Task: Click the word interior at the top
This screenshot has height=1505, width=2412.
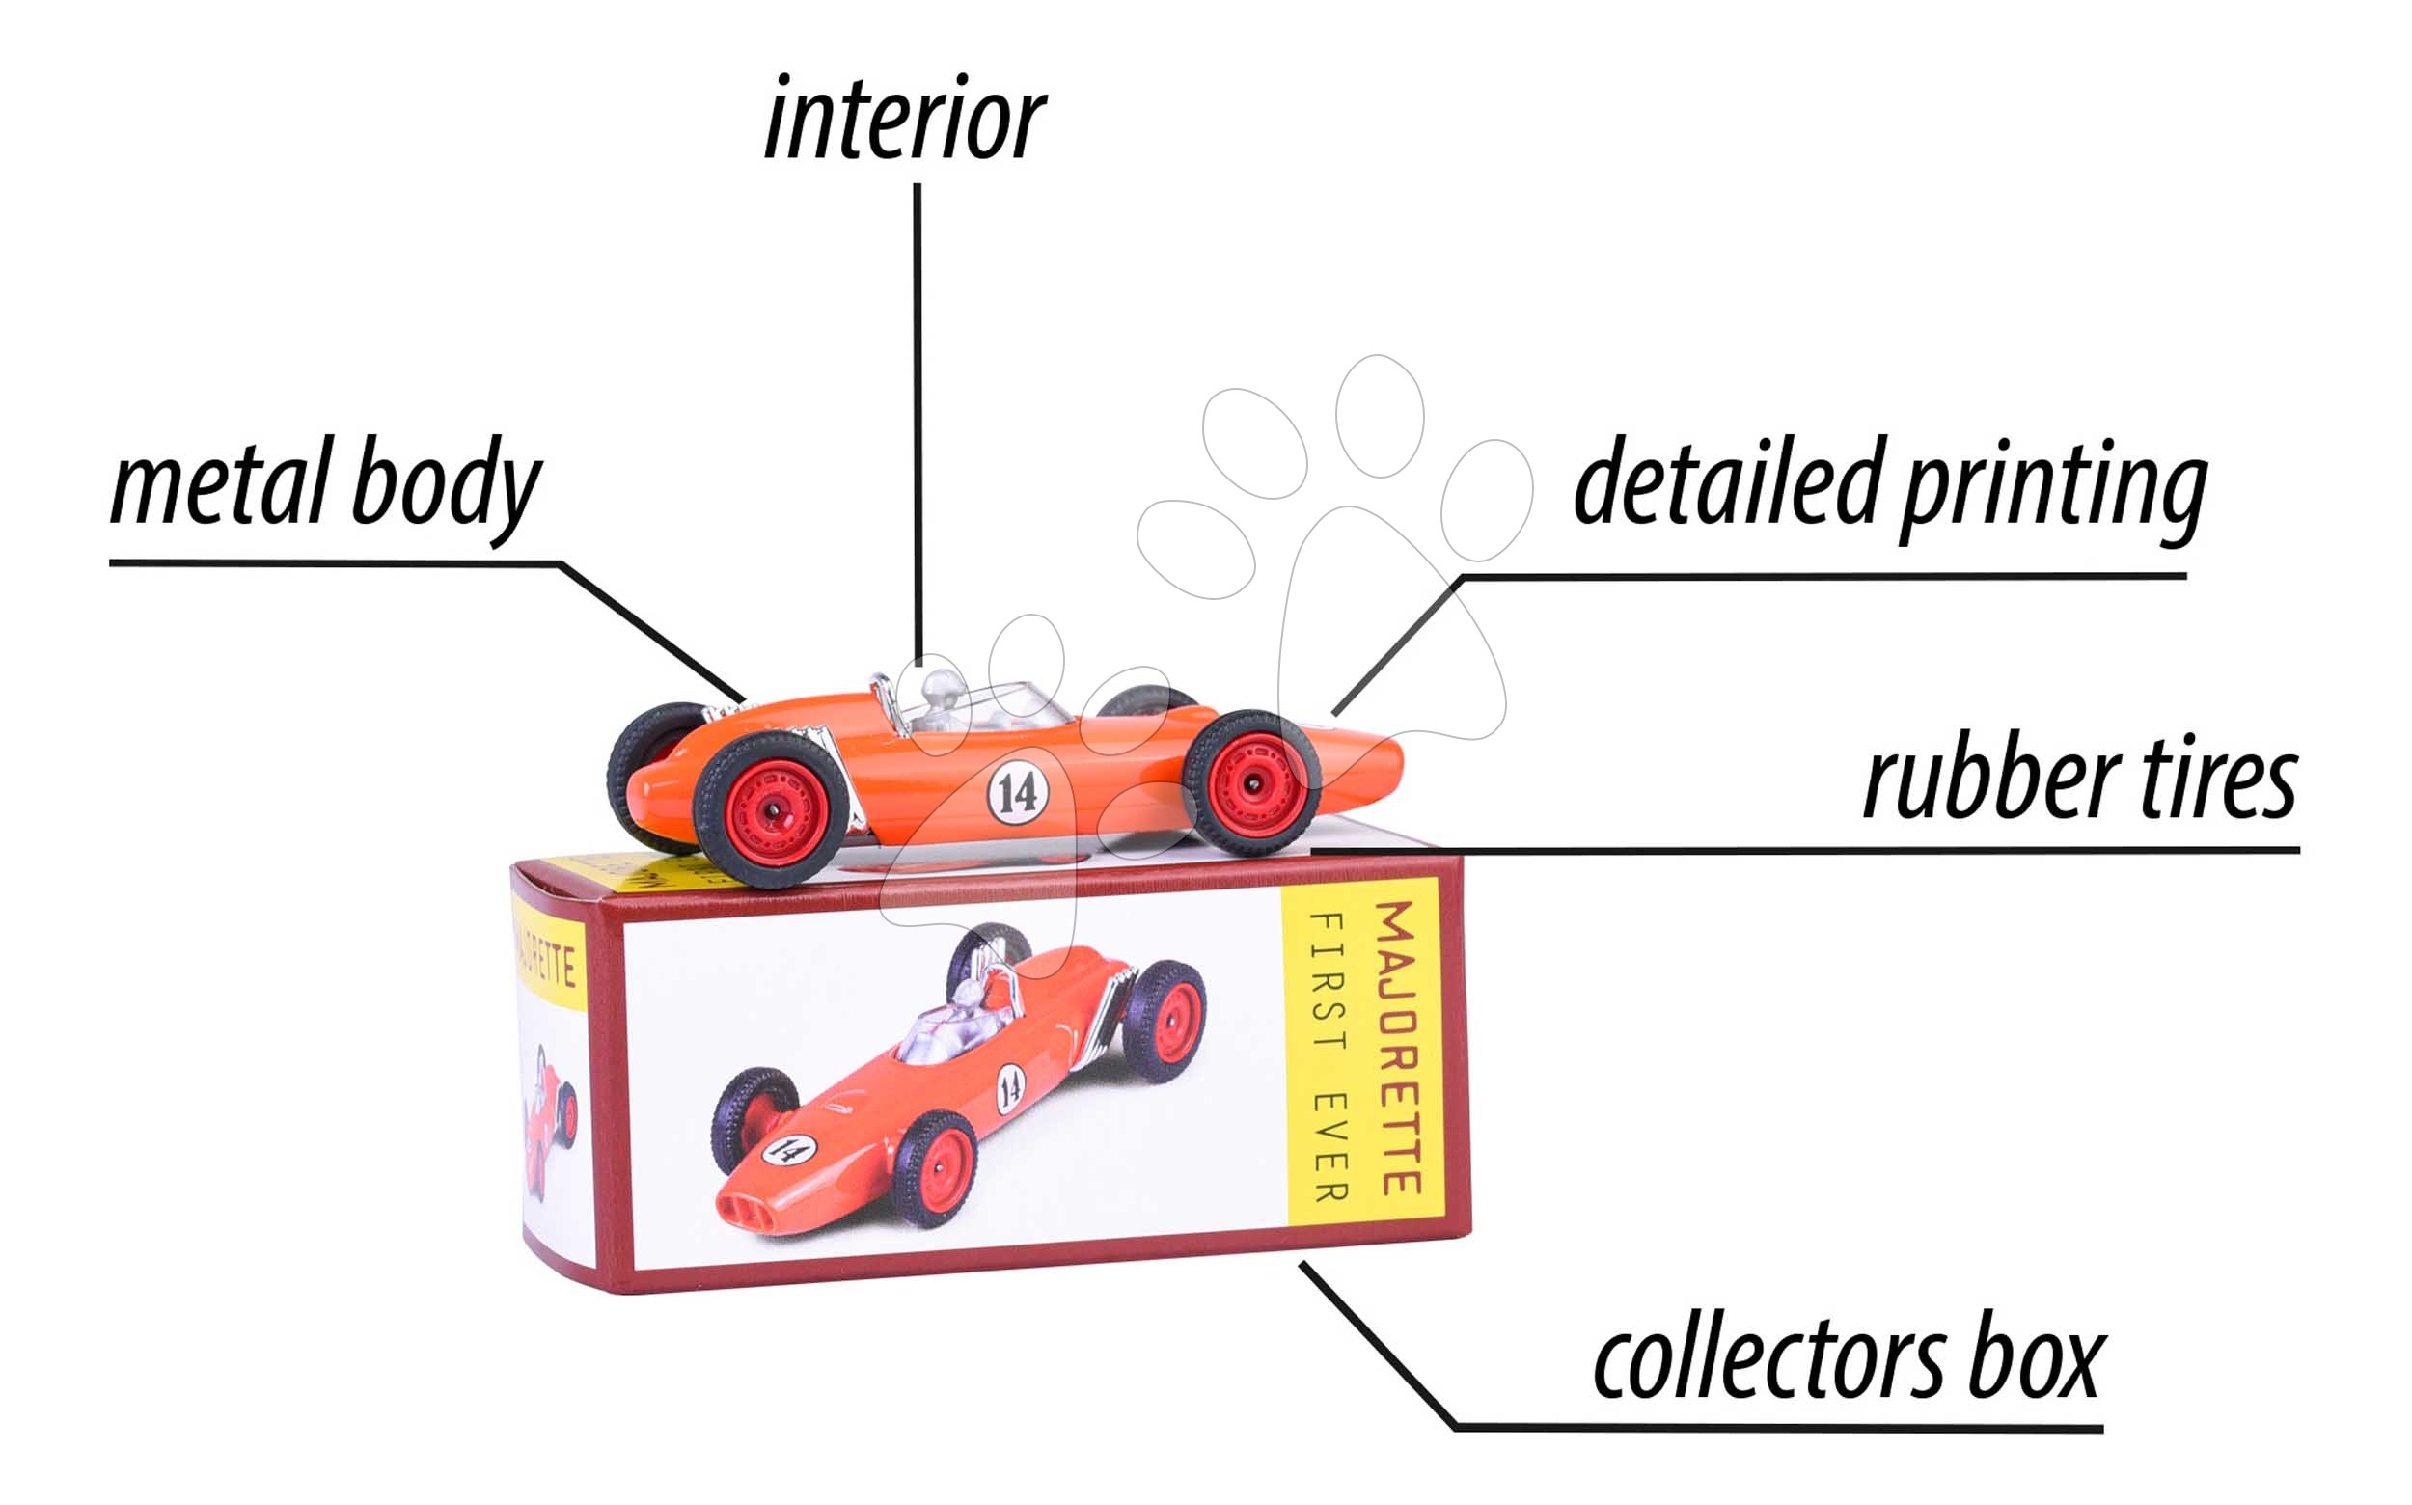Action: point(904,121)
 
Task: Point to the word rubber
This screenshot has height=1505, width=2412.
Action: point(1991,782)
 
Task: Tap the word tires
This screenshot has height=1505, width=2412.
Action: point(2219,782)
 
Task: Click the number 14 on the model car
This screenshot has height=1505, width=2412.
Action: point(1017,793)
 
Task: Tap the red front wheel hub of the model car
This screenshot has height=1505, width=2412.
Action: point(1253,784)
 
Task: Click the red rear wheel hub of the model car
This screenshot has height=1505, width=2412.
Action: point(772,808)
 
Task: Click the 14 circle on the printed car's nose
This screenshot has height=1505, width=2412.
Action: point(788,1150)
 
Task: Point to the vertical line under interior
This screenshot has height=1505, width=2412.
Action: point(917,418)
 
